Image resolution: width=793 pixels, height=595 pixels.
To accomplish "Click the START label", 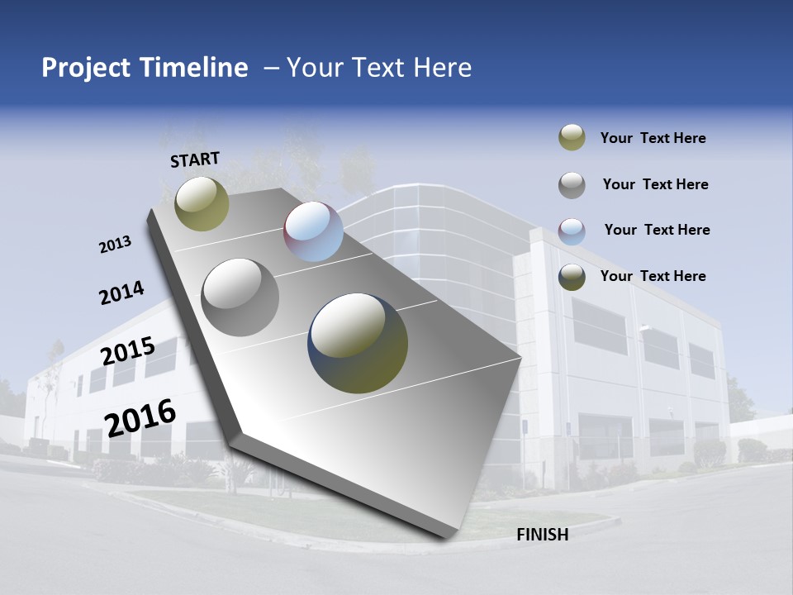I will coord(195,159).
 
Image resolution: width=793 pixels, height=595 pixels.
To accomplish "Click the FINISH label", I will coord(542,535).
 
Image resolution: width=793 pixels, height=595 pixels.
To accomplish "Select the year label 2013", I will coord(116,245).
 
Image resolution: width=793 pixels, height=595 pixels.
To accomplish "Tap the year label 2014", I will coord(121,293).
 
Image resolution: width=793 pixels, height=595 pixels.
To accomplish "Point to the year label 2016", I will coord(140,417).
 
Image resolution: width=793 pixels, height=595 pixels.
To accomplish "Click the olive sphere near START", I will coord(202,203).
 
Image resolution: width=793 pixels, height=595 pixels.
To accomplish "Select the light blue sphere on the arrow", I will coord(313,231).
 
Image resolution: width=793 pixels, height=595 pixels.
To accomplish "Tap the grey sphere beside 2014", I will coord(240,297).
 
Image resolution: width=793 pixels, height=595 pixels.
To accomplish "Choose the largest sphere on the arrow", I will coord(358,343).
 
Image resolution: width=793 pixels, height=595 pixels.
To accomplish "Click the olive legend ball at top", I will coord(572,138).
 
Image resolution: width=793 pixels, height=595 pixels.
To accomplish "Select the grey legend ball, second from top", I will coord(572,185).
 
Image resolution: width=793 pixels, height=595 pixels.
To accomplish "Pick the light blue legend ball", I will coord(572,231).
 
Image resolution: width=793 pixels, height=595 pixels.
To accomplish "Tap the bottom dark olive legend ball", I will coord(572,277).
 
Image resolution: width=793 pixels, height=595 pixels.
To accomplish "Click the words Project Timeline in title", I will coord(145,68).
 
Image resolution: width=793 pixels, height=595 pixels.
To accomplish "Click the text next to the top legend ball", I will coord(653,138).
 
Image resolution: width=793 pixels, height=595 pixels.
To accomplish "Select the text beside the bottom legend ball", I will coord(653,276).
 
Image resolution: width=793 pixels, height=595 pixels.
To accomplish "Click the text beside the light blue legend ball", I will coord(657,230).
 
